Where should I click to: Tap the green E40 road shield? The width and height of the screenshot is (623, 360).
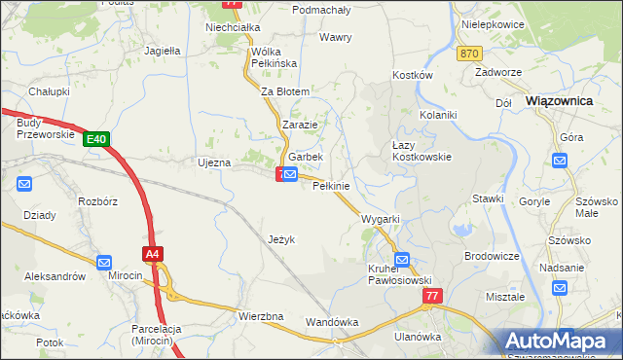point(95,140)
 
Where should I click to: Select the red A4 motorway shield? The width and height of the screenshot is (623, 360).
point(152,255)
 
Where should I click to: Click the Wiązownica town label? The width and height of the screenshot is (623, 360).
point(559,99)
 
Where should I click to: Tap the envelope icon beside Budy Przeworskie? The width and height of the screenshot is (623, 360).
point(24,183)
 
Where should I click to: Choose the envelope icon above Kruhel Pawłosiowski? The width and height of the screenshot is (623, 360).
point(402,260)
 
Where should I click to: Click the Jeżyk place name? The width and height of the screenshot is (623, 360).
point(280,238)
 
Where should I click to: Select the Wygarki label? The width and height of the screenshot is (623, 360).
point(381,219)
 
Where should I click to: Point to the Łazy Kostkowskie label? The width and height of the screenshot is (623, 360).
point(420,150)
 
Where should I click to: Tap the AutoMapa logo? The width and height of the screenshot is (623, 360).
point(562,341)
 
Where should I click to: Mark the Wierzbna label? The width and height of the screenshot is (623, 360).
point(260,316)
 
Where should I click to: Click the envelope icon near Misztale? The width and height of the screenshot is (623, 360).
point(560,288)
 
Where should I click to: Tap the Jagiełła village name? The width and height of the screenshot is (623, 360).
point(163,50)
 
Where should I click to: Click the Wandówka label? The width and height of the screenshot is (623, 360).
point(332,321)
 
